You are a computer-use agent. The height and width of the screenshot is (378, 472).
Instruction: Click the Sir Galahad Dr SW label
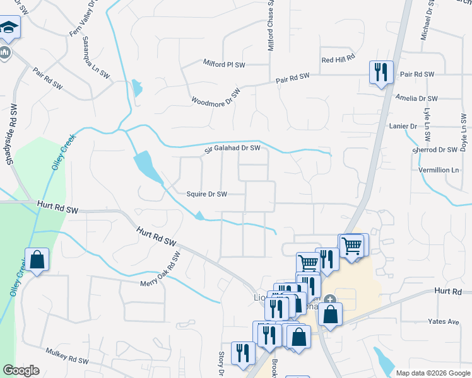coord(232,148)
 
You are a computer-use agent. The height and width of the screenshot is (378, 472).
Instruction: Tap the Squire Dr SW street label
coord(206,194)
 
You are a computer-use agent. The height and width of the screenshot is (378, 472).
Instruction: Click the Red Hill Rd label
coord(339,59)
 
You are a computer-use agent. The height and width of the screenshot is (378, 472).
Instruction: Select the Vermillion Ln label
coord(439,170)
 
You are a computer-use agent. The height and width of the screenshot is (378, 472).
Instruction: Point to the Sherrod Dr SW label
coord(434,150)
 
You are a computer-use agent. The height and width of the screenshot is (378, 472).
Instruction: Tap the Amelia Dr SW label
coord(416,98)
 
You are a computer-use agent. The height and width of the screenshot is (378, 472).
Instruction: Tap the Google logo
coord(21,370)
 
